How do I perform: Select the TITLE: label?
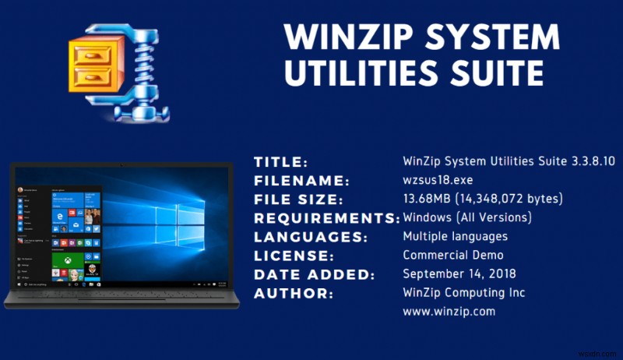(281, 162)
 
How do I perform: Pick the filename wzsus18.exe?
(437, 181)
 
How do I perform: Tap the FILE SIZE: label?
(297, 199)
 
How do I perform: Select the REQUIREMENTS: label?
(326, 218)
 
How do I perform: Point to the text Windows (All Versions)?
(467, 218)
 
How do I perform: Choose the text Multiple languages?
(455, 237)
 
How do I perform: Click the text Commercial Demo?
(453, 256)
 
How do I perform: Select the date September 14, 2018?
(458, 274)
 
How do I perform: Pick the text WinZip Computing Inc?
(463, 293)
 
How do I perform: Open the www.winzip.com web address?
(449, 312)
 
